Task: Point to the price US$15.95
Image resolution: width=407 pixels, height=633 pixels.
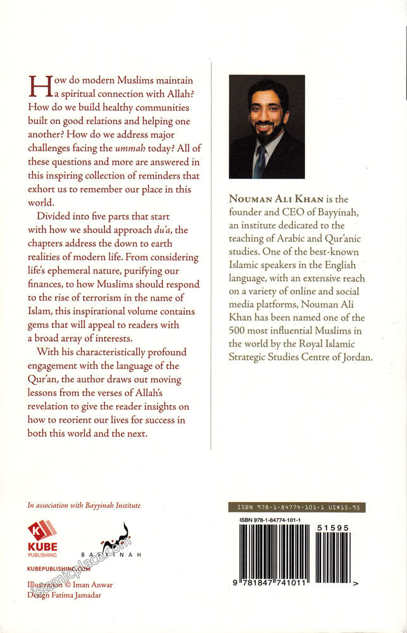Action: (x=347, y=508)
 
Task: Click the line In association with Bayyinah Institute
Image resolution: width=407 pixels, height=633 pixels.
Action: (x=84, y=506)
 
